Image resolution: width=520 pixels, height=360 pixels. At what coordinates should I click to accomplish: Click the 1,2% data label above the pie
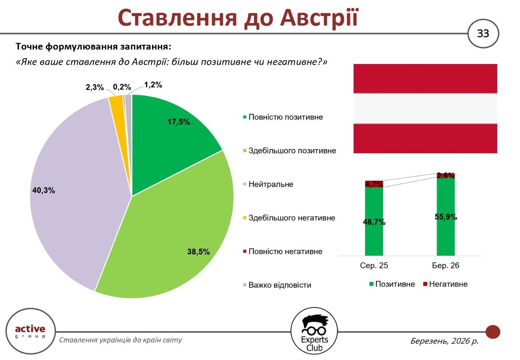153,85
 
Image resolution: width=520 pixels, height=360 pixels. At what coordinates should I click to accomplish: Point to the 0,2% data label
122,87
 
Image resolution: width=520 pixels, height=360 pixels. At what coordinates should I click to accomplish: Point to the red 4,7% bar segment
374,184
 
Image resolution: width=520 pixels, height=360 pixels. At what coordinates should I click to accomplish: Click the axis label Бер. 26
445,266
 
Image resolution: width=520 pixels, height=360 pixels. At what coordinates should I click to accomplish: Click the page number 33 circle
483,33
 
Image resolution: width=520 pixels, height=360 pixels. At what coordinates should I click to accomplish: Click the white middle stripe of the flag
425,108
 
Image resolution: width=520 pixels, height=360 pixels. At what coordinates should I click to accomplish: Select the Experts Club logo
314,331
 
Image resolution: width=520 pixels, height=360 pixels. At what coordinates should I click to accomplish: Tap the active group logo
30,331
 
